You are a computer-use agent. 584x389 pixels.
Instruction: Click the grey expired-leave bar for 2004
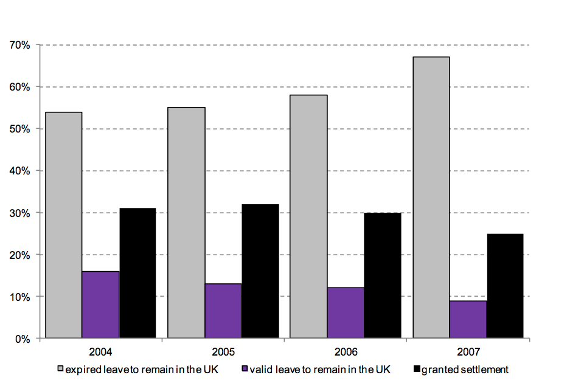pyautogui.click(x=64, y=225)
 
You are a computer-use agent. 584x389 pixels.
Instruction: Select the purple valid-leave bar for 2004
pyautogui.click(x=100, y=305)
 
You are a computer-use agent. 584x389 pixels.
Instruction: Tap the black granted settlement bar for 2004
pyautogui.click(x=137, y=273)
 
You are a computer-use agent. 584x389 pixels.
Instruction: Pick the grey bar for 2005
pyautogui.click(x=186, y=222)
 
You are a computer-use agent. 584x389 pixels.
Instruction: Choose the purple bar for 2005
pyautogui.click(x=223, y=311)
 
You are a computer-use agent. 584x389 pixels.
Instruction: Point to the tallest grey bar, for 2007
pyautogui.click(x=431, y=198)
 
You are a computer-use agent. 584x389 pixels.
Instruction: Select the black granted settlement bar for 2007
pyautogui.click(x=505, y=286)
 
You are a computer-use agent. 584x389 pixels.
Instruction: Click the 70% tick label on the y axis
pyautogui.click(x=20, y=45)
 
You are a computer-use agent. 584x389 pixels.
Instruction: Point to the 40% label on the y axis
pyautogui.click(x=20, y=171)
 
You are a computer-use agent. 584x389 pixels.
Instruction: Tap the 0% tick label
pyautogui.click(x=23, y=339)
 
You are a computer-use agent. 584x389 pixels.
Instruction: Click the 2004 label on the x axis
pyautogui.click(x=100, y=352)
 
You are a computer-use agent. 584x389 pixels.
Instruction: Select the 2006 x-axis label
pyautogui.click(x=346, y=352)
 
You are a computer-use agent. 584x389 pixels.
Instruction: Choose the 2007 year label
pyautogui.click(x=468, y=352)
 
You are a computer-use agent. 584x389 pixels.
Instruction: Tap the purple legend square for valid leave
pyautogui.click(x=245, y=370)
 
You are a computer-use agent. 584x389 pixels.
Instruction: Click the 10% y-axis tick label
pyautogui.click(x=20, y=297)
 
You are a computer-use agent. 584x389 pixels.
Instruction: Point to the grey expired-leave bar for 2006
pyautogui.click(x=309, y=216)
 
